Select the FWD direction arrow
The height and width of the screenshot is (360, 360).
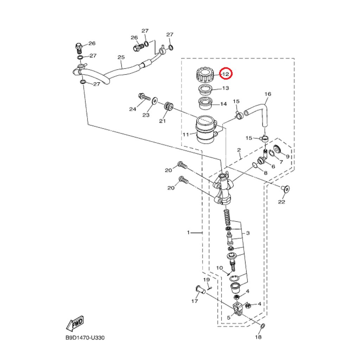[75, 323]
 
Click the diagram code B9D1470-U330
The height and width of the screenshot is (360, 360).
[85, 338]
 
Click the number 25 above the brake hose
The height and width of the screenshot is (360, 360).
[121, 57]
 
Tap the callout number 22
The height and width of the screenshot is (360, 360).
[282, 202]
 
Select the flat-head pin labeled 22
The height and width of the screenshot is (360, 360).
[285, 189]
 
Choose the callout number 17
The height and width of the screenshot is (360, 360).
[194, 301]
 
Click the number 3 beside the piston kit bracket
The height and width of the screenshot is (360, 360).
[248, 233]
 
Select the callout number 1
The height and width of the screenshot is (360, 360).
[188, 233]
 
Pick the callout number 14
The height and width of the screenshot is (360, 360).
[223, 104]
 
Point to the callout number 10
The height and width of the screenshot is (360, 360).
[219, 268]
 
